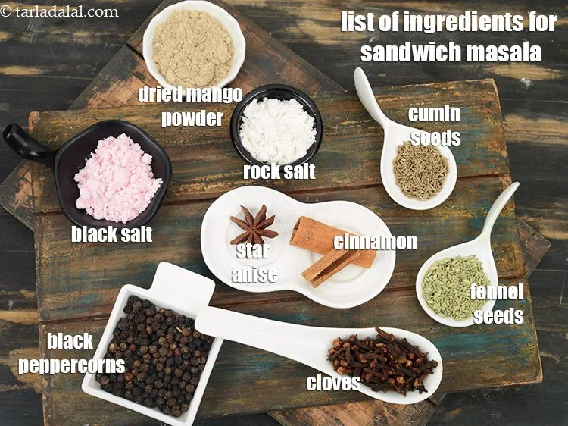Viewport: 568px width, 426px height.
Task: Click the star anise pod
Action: point(254,225)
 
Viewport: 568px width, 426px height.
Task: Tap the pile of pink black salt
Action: point(117,179)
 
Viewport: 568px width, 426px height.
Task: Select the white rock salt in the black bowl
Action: point(277,129)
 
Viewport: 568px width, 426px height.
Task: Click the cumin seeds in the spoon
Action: point(421,170)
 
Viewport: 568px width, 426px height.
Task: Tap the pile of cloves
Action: point(382,362)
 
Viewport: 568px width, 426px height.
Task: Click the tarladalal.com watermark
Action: point(60,11)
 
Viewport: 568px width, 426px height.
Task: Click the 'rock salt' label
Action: point(279,171)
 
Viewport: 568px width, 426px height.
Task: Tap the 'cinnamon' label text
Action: point(376,242)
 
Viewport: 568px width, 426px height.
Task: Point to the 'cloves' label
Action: point(333,383)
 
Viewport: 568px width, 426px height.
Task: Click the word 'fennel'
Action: point(497,293)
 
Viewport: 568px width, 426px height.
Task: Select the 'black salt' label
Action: point(111,234)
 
